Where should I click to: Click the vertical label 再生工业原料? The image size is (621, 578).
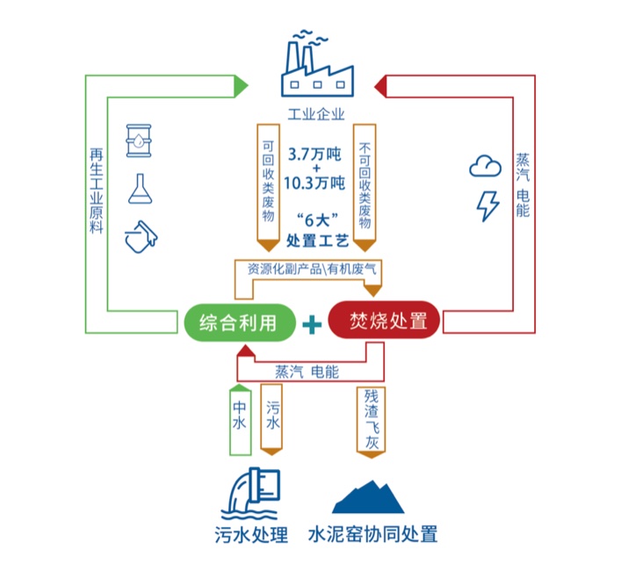97,189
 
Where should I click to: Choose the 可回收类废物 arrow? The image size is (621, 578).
269,184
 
